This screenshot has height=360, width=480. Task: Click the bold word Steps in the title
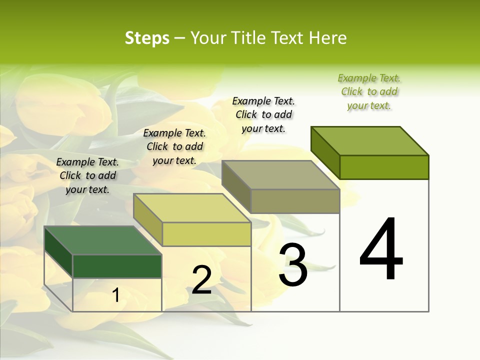pos(147,38)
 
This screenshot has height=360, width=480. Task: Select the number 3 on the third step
pos(293,265)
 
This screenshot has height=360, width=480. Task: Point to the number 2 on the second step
pos(201,279)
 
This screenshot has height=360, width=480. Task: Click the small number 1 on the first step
pos(116,295)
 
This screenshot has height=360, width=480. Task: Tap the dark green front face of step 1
pos(117,266)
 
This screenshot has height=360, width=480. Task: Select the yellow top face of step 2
pos(192,208)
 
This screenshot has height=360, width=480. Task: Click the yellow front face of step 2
pos(206,234)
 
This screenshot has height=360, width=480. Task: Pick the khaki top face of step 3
pos(281,175)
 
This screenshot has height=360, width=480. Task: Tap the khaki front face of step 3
pos(295,201)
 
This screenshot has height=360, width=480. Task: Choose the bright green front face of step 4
pos(384,167)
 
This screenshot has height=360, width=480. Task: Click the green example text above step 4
pos(369,92)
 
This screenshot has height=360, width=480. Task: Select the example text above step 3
pos(263,114)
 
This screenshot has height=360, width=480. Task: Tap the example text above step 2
pos(174,146)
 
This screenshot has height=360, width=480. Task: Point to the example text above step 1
pos(87,175)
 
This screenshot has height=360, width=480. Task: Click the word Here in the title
pos(327,38)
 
